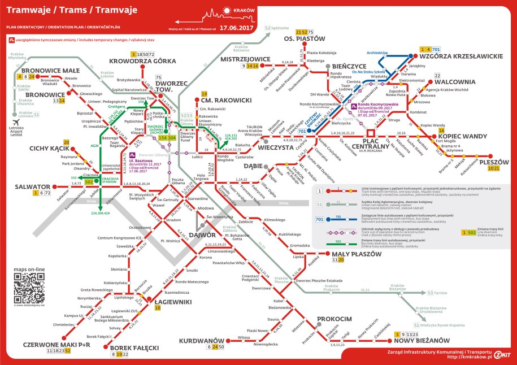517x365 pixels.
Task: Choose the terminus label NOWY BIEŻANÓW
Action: [422, 341]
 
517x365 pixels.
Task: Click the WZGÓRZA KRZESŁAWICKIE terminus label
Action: [460, 57]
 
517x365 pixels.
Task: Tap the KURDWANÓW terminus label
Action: [198, 341]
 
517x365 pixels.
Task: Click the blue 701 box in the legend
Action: [320, 219]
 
